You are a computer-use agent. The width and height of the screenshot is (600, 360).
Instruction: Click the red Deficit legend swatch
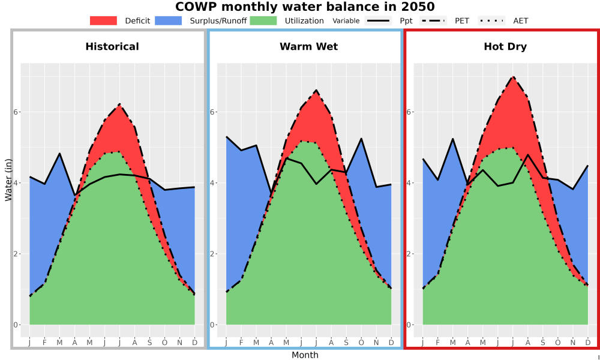click(103, 20)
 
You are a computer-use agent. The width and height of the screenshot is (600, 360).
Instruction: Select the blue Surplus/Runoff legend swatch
click(169, 20)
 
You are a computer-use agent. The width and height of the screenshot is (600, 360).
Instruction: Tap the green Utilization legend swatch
click(263, 20)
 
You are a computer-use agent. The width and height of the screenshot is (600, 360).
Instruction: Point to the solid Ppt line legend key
click(378, 20)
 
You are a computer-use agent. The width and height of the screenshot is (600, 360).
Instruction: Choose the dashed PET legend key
click(433, 20)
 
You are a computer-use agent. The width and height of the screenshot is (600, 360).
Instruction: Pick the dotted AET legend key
click(491, 20)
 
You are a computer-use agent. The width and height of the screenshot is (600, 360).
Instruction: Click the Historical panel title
click(112, 47)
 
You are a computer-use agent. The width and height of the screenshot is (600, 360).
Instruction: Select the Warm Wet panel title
click(309, 47)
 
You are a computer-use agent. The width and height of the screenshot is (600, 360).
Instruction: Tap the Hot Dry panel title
click(505, 47)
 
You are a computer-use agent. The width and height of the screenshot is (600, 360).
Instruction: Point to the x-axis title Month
click(305, 355)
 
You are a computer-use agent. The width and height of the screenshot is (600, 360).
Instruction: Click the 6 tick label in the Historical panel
click(16, 112)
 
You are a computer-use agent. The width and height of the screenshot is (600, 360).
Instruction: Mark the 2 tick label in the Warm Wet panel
click(213, 254)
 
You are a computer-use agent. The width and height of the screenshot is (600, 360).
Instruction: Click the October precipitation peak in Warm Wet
click(361, 139)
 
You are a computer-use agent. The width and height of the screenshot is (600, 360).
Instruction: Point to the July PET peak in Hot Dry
click(513, 77)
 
